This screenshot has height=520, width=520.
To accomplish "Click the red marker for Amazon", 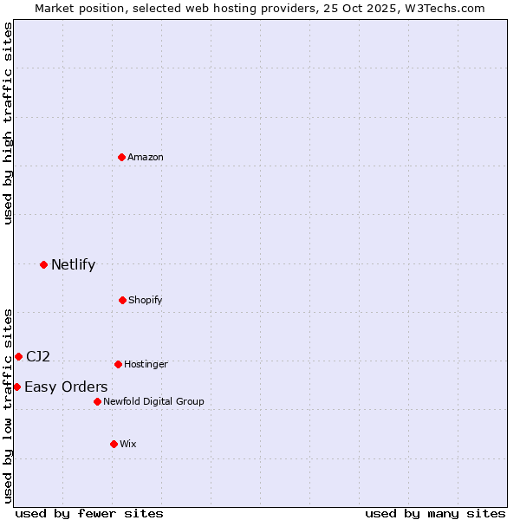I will tap(121, 157).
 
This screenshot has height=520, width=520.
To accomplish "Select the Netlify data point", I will tap(43, 264).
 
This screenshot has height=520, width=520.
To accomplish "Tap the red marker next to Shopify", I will tap(122, 300).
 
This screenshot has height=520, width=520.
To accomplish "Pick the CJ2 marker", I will tap(18, 356).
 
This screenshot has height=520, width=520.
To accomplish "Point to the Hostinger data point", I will tap(118, 364).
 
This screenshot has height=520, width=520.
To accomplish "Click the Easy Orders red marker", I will tap(16, 387).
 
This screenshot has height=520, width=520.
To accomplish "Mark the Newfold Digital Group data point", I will tap(97, 401).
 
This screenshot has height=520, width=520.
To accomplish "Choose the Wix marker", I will tap(114, 444).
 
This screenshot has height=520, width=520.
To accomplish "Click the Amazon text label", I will tap(146, 157).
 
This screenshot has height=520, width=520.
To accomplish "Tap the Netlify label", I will tap(73, 264).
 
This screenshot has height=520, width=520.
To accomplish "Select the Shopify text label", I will tap(146, 300).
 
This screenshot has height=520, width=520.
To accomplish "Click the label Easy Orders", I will tap(66, 387).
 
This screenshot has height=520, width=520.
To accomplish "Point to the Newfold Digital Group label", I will tap(153, 401).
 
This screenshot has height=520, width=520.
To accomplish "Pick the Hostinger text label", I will tap(146, 364).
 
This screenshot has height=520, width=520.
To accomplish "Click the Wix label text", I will tap(128, 444).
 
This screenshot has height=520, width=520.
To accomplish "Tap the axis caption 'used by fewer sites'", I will tap(89, 513).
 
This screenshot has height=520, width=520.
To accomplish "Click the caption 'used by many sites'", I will tap(435, 513).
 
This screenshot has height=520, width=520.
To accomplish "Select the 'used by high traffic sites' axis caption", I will tap(9, 123).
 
